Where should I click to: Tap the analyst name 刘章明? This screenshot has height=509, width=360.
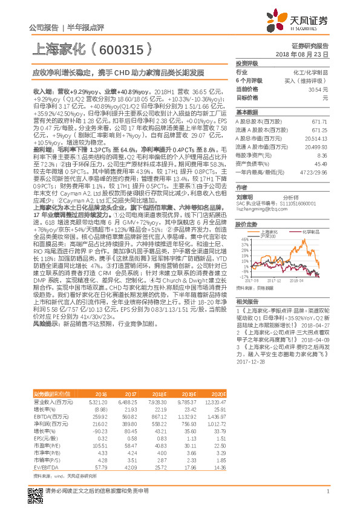click(x=245, y=196)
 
